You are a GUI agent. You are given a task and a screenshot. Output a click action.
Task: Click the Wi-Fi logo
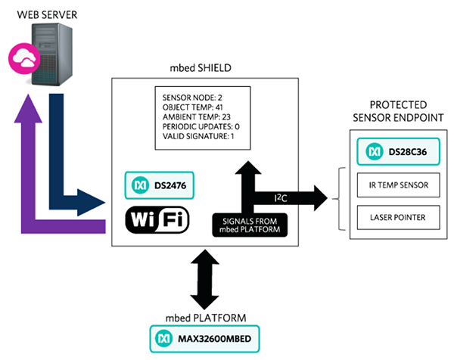(x=160, y=219)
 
